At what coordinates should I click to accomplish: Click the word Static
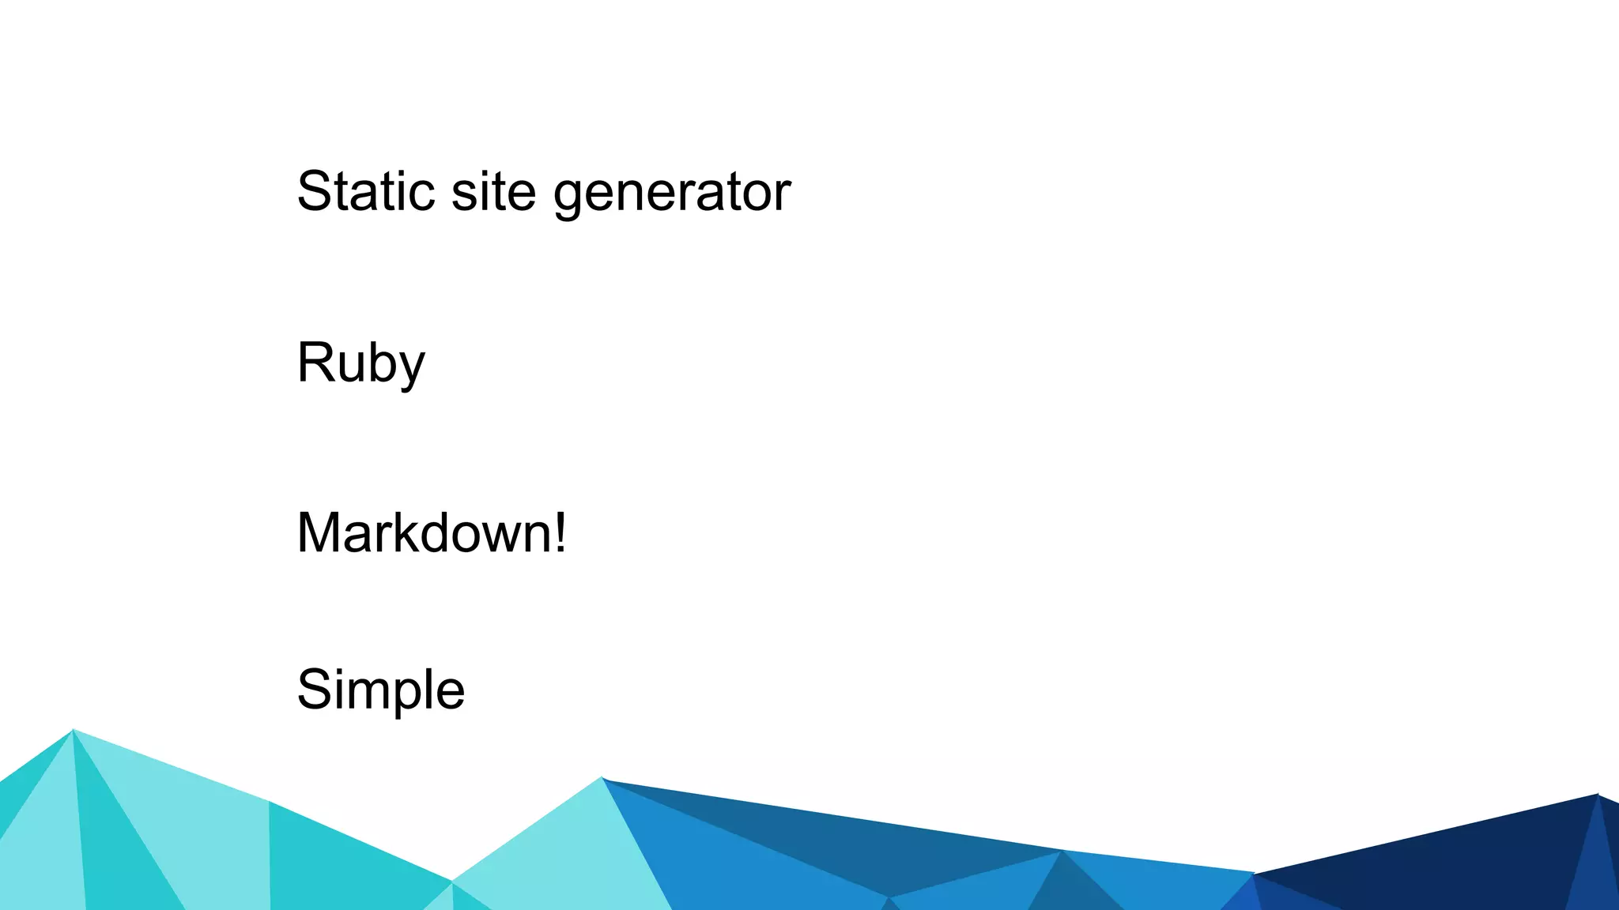[x=365, y=191]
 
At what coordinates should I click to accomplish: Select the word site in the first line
[x=493, y=191]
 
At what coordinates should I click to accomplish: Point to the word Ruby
[x=360, y=363]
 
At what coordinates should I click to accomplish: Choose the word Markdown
[x=423, y=533]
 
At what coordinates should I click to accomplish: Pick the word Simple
[x=380, y=690]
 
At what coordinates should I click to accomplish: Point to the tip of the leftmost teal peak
[x=73, y=731]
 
